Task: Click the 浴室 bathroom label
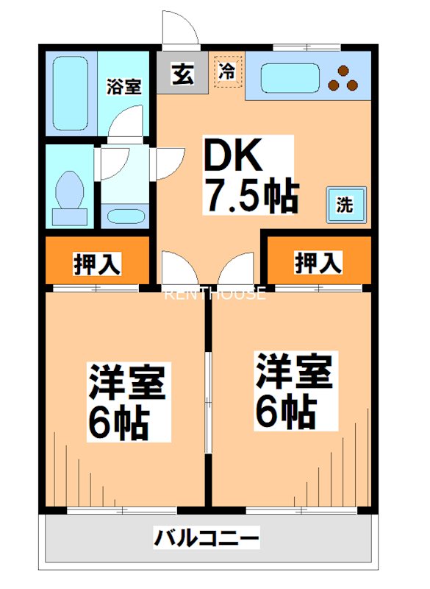point(123,87)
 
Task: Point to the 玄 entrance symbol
point(182,74)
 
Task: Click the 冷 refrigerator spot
point(227,72)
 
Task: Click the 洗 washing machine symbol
point(344,205)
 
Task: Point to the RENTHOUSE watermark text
point(214,294)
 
